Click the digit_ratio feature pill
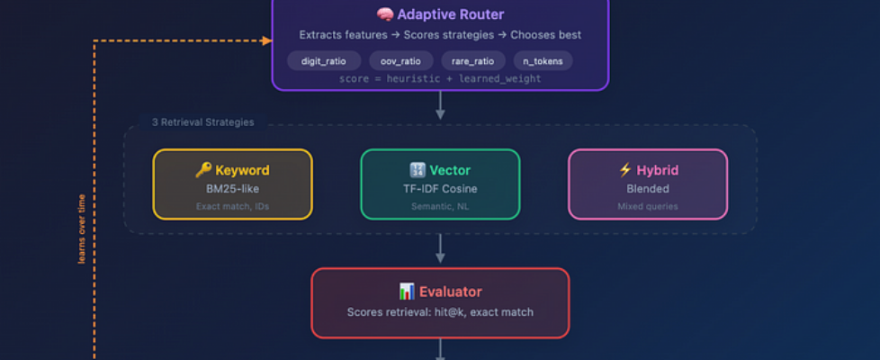point(324,60)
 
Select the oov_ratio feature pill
point(400,60)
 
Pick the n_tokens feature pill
point(543,60)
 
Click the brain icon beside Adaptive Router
point(385,15)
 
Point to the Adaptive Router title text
point(450,15)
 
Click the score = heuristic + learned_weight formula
point(440,79)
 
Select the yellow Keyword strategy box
point(232,184)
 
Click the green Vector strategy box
point(440,184)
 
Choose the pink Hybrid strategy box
point(648,184)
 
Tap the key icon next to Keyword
point(202,170)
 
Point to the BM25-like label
point(232,189)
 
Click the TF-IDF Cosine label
point(440,189)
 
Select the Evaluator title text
point(453,292)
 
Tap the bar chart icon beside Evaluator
point(407,292)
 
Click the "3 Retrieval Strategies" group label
point(202,122)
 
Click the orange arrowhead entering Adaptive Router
point(266,40)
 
